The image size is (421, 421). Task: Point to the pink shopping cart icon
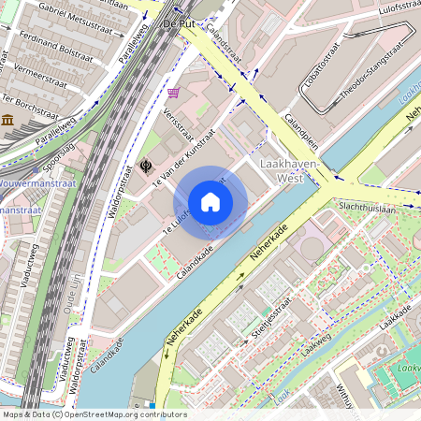174,93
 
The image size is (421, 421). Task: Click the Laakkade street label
398,322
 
